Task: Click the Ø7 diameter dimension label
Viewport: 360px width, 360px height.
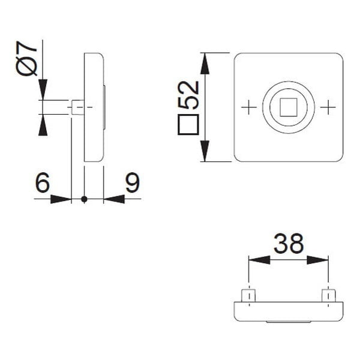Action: click(28, 59)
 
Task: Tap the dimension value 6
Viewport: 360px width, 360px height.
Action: click(42, 183)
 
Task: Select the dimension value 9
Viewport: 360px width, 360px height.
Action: click(132, 183)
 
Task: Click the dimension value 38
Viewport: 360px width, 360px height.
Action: click(289, 244)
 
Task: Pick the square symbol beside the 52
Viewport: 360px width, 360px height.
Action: click(188, 125)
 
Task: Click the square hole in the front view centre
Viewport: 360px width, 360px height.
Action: click(288, 107)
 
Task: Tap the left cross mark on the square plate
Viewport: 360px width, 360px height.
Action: click(248, 107)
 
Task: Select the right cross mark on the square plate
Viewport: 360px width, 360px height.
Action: click(328, 107)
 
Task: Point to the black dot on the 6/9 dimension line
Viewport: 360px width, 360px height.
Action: click(84, 199)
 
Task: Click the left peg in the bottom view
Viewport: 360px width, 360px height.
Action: click(248, 296)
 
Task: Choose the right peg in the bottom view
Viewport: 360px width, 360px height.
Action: click(328, 296)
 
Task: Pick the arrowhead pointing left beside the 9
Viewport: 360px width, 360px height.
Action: click(113, 199)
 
